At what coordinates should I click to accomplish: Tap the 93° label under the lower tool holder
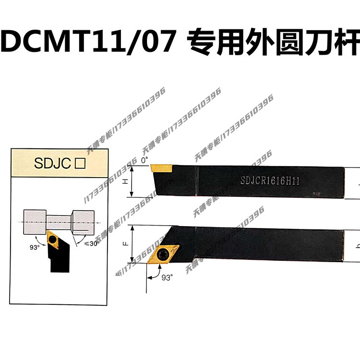[167, 277]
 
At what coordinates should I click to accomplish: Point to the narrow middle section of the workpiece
[59, 222]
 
